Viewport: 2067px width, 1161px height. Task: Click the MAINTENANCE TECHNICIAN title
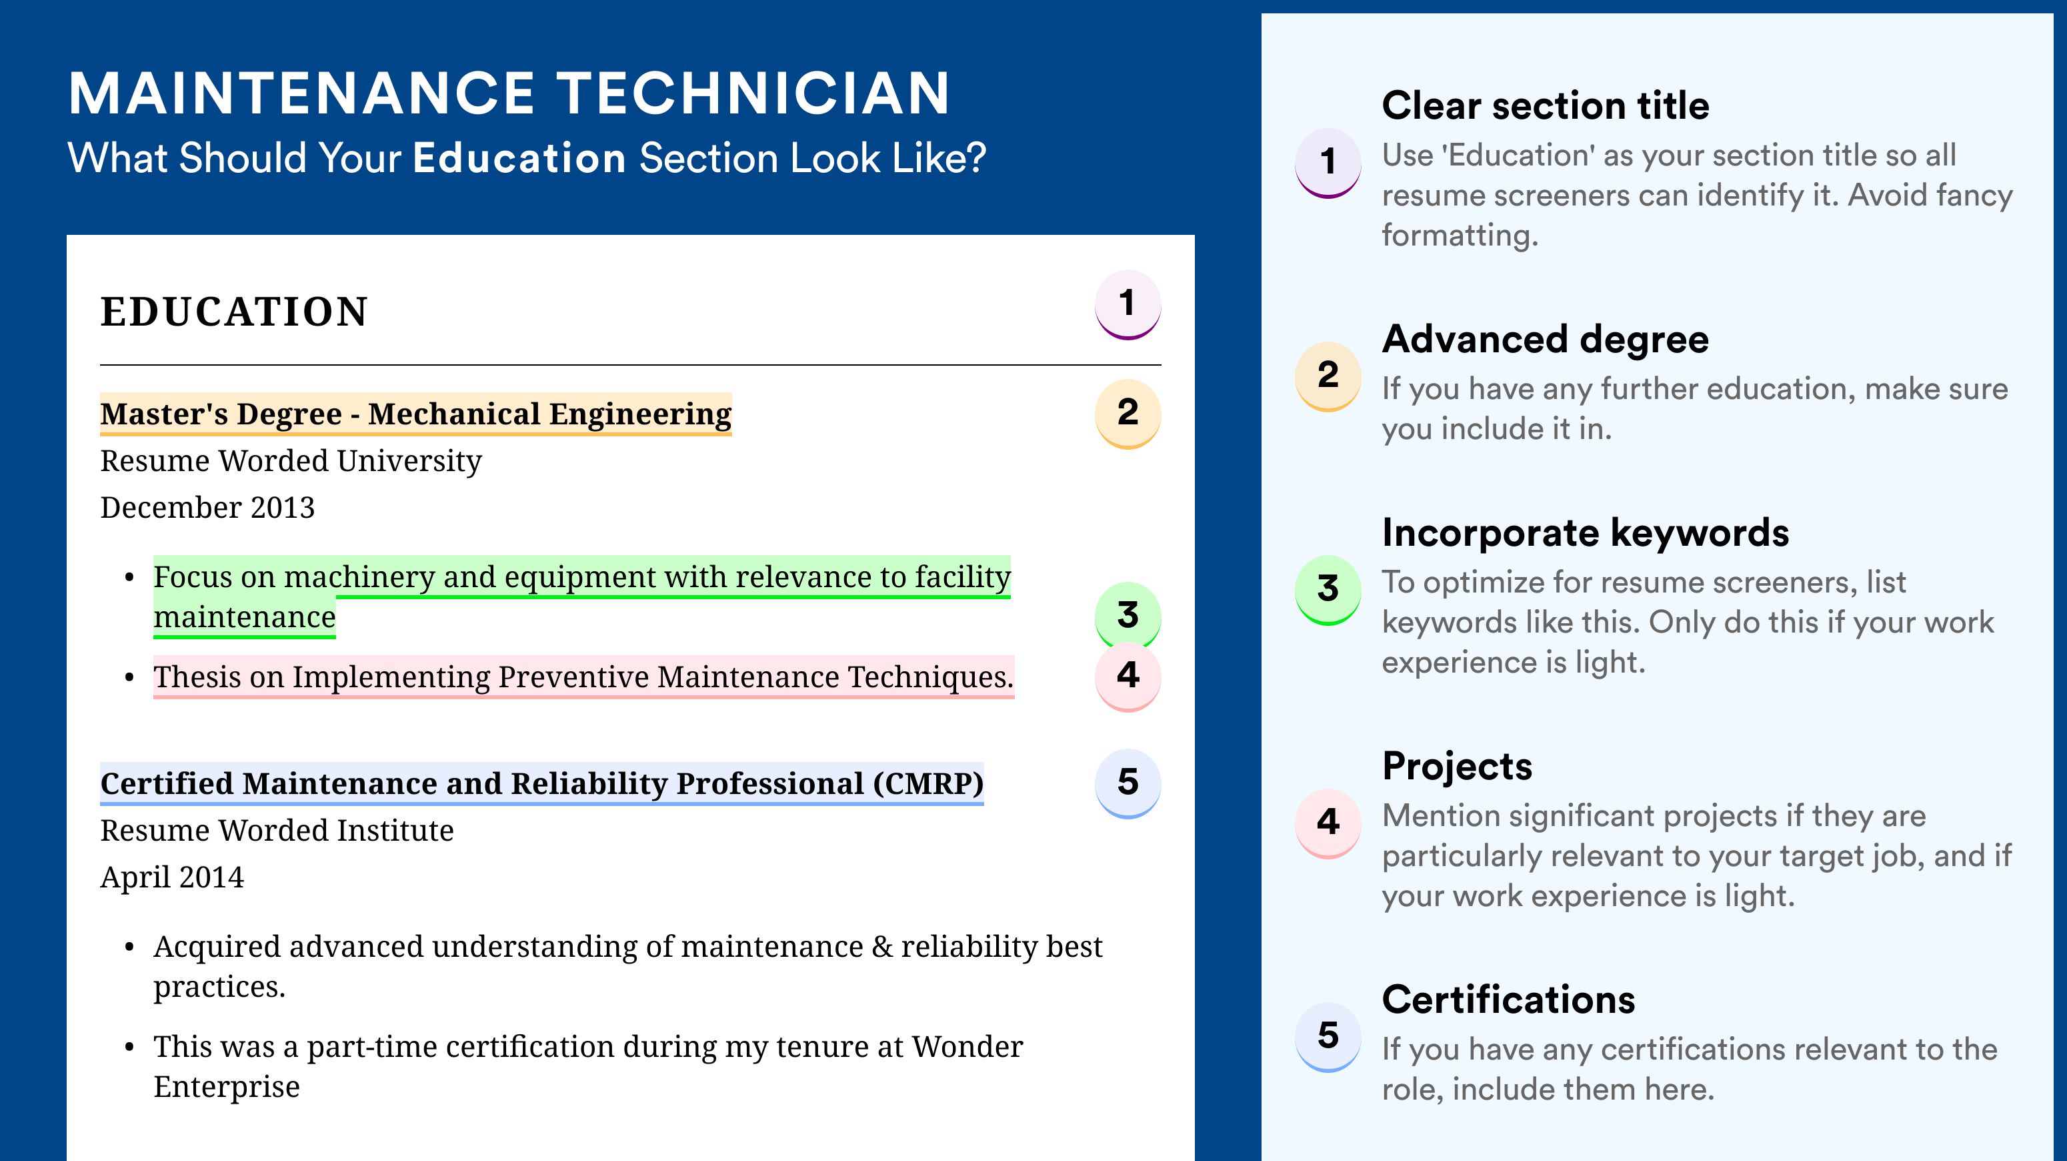point(509,93)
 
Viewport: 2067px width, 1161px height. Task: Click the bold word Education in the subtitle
point(519,157)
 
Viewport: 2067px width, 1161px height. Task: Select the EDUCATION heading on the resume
point(233,312)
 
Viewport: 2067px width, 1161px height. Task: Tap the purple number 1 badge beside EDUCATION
point(1128,304)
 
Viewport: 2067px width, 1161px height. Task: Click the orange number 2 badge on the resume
point(1128,414)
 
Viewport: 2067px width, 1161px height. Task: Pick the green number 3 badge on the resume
point(1128,615)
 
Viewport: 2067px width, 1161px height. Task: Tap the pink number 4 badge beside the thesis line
point(1128,676)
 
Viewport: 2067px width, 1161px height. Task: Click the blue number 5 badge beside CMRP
point(1128,783)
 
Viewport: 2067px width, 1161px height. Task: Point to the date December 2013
point(207,507)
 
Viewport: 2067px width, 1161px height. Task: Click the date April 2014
point(172,877)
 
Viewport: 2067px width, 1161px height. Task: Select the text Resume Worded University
point(291,462)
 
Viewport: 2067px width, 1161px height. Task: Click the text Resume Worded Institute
point(277,831)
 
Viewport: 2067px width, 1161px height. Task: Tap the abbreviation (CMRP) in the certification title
point(927,783)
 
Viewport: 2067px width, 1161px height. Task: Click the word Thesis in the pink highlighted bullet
point(197,677)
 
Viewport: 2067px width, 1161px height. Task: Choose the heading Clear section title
point(1546,105)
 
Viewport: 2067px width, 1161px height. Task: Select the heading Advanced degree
point(1546,340)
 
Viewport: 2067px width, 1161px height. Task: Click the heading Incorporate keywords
point(1586,533)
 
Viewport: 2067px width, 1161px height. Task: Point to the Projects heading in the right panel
point(1457,767)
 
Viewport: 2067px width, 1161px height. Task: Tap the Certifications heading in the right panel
point(1508,1000)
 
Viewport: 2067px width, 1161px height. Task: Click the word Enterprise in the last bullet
point(226,1087)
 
